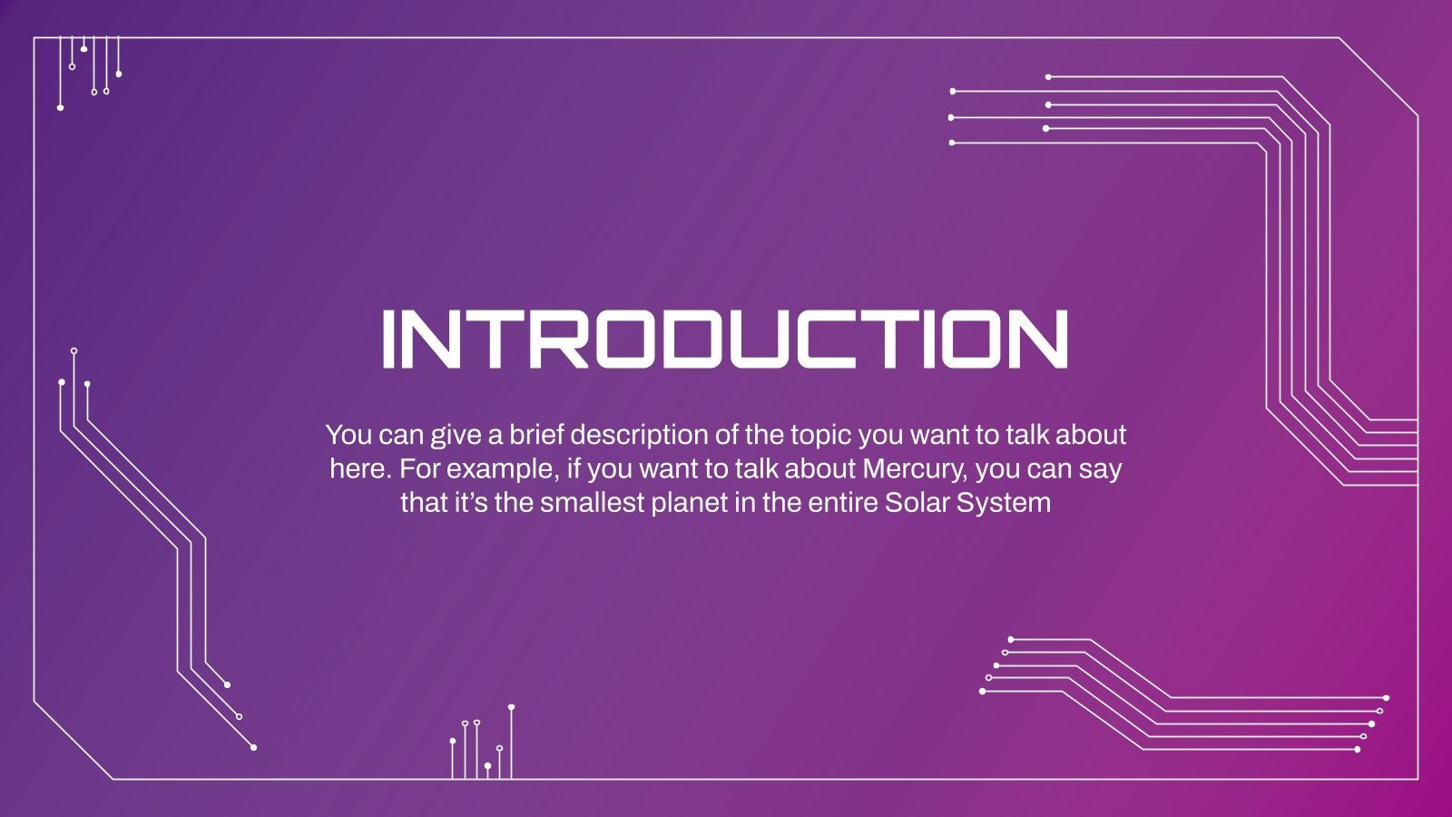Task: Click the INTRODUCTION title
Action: (725, 340)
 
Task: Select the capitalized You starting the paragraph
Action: (348, 435)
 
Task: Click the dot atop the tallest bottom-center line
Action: (512, 707)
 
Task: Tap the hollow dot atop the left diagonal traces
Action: (74, 350)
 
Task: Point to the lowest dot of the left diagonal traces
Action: (253, 748)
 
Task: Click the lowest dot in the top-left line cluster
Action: (60, 108)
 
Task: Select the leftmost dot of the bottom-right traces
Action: (982, 691)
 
